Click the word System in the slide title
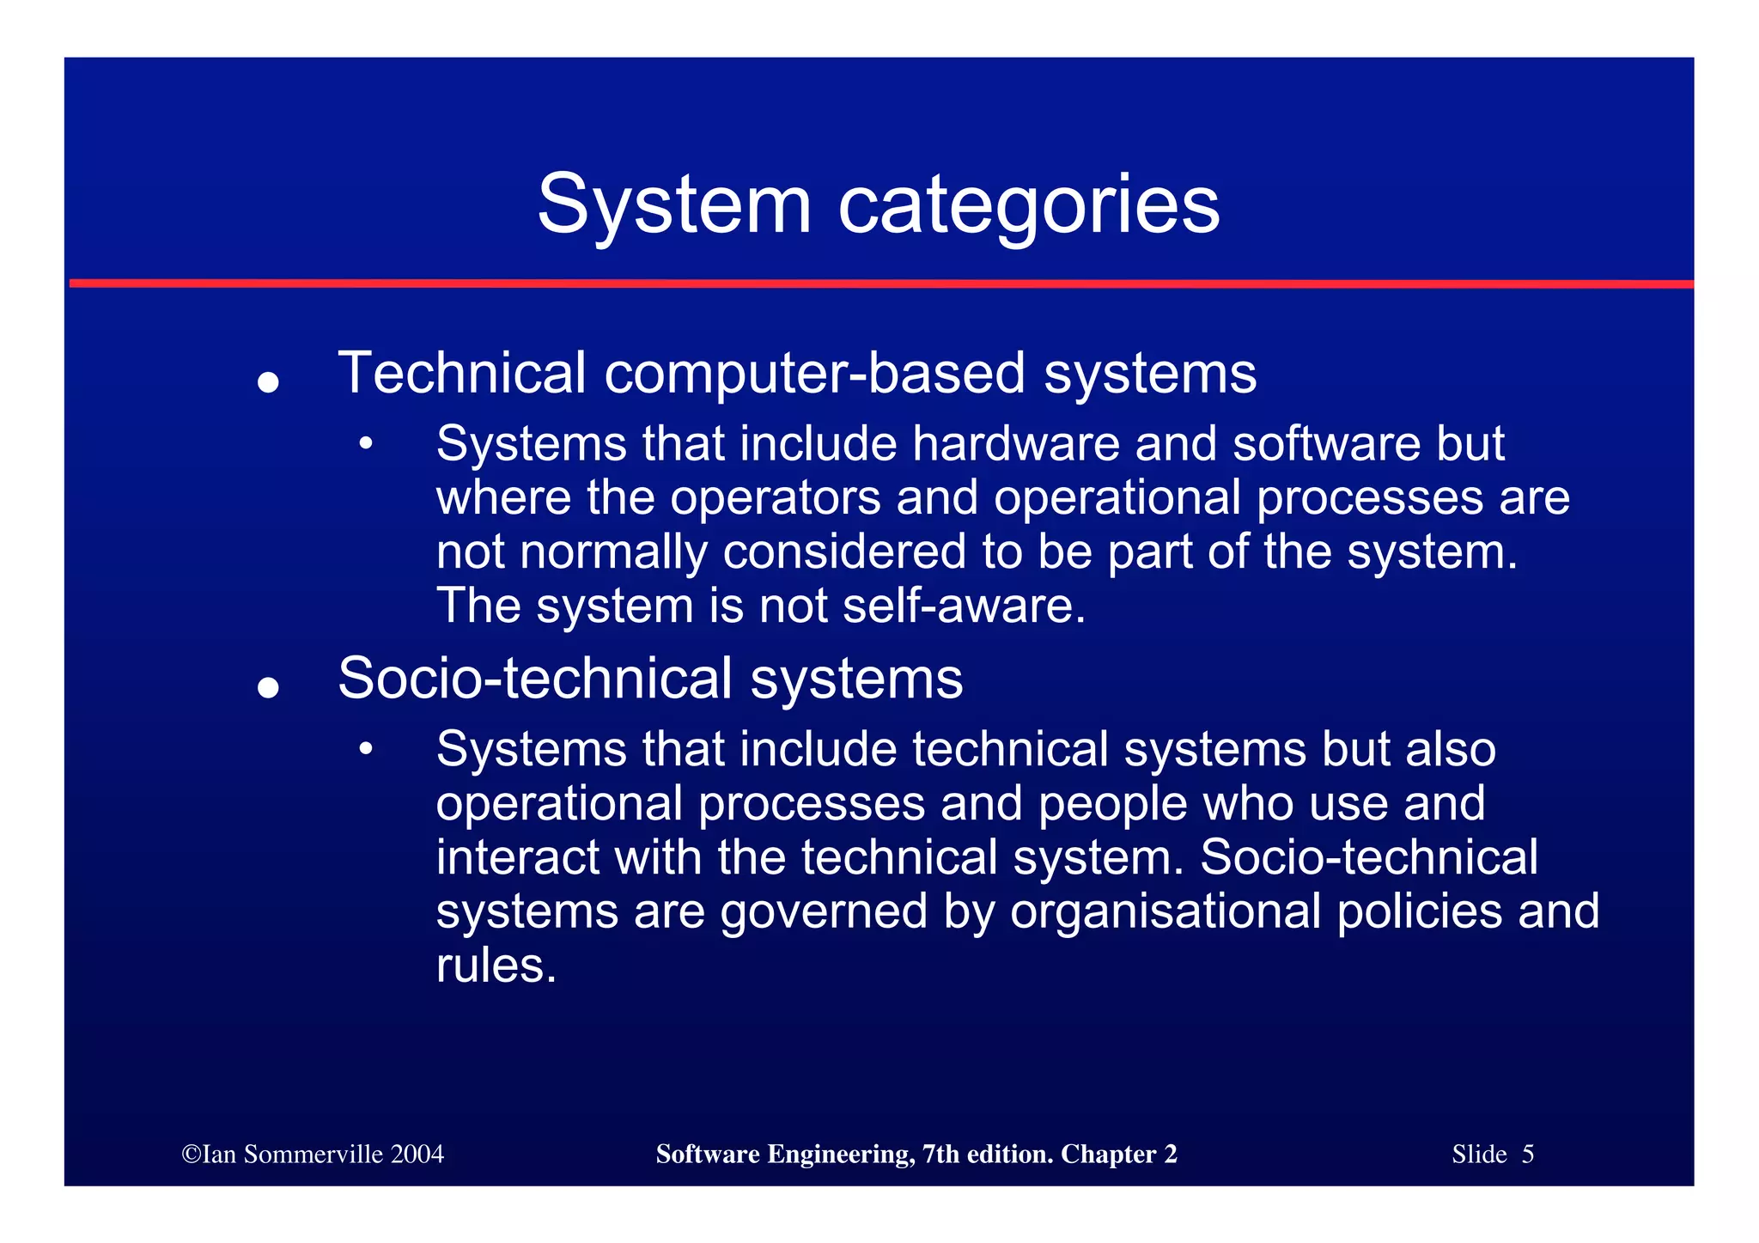click(674, 204)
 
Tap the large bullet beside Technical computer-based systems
click(269, 381)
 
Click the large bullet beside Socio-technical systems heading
click(269, 687)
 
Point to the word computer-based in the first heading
click(814, 374)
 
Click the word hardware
click(1015, 444)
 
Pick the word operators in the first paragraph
click(775, 498)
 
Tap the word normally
click(613, 551)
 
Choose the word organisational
click(1166, 911)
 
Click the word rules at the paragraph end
click(496, 966)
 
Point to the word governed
click(824, 911)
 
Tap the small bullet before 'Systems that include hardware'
click(367, 444)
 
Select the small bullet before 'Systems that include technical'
click(367, 750)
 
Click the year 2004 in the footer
click(417, 1154)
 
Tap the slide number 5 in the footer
click(1527, 1154)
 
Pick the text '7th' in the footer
click(940, 1154)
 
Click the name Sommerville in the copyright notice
click(313, 1154)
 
